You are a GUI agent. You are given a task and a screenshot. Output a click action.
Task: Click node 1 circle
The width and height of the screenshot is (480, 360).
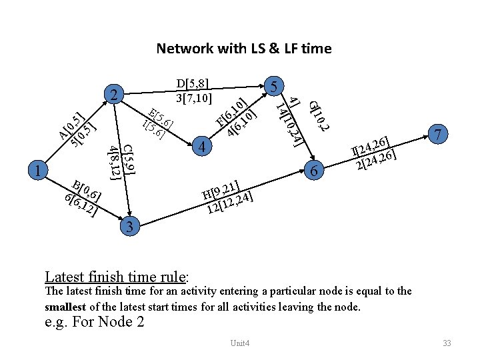[39, 171]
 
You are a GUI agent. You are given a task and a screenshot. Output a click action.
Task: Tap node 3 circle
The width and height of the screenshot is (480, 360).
[131, 227]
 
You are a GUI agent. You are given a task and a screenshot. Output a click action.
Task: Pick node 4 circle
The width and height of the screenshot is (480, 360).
[206, 146]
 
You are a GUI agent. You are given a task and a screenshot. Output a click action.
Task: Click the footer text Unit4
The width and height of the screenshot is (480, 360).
[239, 343]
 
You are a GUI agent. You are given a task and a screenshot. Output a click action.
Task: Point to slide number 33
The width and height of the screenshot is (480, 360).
[447, 343]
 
